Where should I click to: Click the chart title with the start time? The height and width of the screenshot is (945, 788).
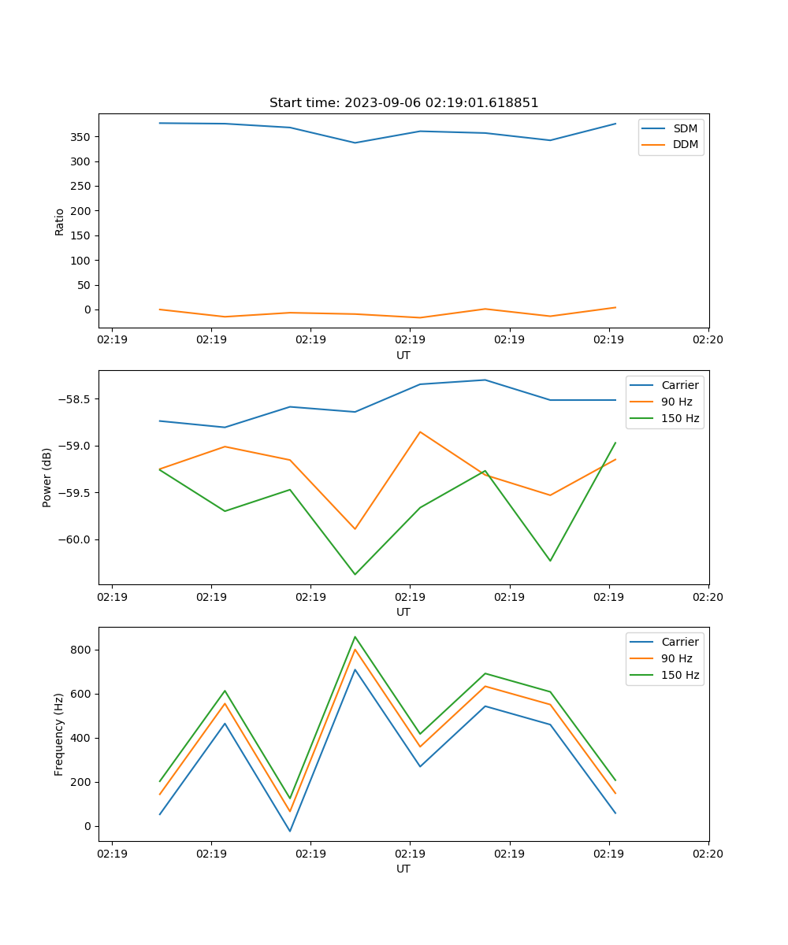tap(403, 103)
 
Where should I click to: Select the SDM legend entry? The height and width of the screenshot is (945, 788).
tap(685, 128)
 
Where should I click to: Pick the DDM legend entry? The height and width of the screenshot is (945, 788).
tap(685, 144)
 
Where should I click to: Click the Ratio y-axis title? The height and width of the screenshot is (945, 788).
tap(60, 220)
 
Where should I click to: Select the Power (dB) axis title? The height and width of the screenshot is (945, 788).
tap(47, 477)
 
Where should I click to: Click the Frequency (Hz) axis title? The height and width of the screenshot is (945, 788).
tap(59, 734)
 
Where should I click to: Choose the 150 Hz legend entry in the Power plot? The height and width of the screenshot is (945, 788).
tap(680, 418)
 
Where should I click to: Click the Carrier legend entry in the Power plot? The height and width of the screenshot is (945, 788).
tap(680, 385)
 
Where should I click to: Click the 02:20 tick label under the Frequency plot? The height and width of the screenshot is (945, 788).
tap(708, 853)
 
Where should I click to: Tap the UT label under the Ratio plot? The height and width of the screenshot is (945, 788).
tap(403, 355)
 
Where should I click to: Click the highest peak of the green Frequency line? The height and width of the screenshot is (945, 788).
tap(355, 636)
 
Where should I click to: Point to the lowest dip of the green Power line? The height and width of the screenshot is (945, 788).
tap(355, 574)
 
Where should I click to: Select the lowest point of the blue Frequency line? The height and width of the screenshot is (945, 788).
tap(290, 831)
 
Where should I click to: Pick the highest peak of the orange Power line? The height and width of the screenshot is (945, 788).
tap(420, 432)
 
